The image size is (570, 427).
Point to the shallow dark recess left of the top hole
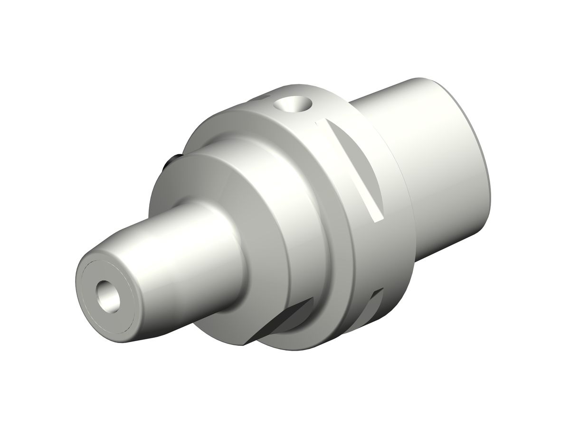click(x=261, y=100)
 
